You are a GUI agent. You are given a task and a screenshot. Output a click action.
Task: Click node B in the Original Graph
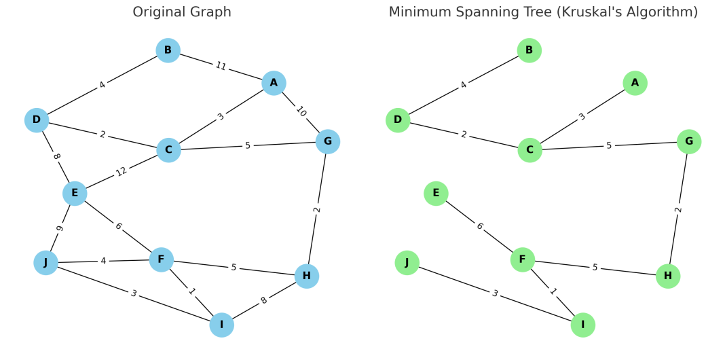click(x=168, y=50)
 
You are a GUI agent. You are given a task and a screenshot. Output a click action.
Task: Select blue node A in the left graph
click(x=274, y=83)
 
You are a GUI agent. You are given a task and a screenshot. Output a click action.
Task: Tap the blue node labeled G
click(x=328, y=141)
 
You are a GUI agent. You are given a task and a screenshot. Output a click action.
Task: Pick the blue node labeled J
click(x=45, y=262)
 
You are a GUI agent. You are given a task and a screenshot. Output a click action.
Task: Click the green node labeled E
click(x=436, y=194)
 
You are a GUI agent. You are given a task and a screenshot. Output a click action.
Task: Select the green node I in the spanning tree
click(x=582, y=325)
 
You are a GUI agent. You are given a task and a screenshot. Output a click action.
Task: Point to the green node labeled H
click(x=668, y=276)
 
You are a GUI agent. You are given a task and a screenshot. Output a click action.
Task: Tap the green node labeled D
click(x=398, y=120)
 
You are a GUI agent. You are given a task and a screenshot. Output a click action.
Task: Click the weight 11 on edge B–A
click(x=221, y=67)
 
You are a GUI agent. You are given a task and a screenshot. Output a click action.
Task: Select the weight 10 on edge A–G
click(x=301, y=112)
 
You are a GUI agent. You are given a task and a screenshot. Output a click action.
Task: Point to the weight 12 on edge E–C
click(x=122, y=171)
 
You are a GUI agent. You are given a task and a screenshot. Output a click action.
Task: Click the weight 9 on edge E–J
click(x=60, y=228)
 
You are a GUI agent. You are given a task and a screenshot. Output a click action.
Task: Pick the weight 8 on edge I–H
click(x=264, y=300)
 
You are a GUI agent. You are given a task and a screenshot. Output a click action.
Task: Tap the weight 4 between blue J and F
click(x=103, y=261)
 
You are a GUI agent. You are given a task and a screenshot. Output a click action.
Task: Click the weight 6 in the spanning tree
click(x=479, y=226)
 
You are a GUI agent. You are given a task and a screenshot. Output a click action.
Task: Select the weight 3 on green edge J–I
click(x=495, y=293)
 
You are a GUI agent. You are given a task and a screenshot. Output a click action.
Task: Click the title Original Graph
click(x=182, y=12)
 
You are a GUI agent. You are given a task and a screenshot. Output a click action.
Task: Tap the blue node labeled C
click(x=168, y=149)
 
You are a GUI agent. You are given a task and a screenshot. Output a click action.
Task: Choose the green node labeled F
click(x=522, y=259)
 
